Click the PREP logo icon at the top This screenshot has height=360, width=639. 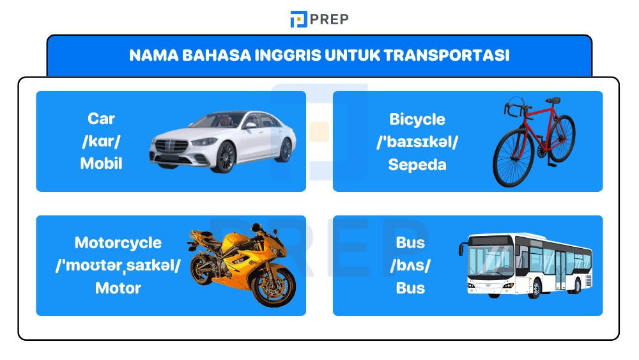coord(298,19)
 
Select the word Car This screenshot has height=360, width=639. coord(101,119)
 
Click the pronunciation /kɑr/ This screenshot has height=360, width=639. coord(101,141)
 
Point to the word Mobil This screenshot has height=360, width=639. coord(101,164)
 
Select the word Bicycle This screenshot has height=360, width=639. coord(417,120)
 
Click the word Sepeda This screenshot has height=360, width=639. coord(417,164)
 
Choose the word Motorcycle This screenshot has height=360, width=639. coord(118,243)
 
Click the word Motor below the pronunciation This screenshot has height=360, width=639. coord(118,288)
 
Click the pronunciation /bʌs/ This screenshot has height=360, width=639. coord(410,265)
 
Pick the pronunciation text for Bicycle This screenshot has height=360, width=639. coord(417,142)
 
